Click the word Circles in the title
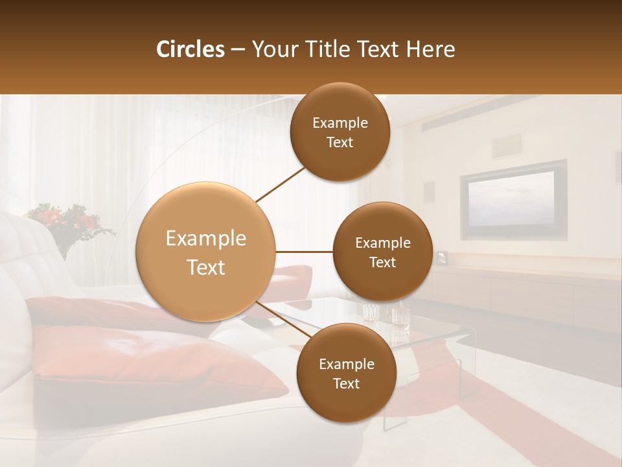pyautogui.click(x=190, y=49)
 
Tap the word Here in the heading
pyautogui.click(x=432, y=49)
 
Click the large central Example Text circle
pyautogui.click(x=206, y=252)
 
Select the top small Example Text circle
pyautogui.click(x=340, y=132)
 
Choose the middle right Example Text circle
pyautogui.click(x=382, y=252)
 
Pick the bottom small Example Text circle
pyautogui.click(x=346, y=374)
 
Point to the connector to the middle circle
pyautogui.click(x=304, y=252)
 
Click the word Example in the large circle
pyautogui.click(x=206, y=239)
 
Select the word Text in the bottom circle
pyautogui.click(x=346, y=383)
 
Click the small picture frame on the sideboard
pyautogui.click(x=442, y=257)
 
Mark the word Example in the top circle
pyautogui.click(x=340, y=123)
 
